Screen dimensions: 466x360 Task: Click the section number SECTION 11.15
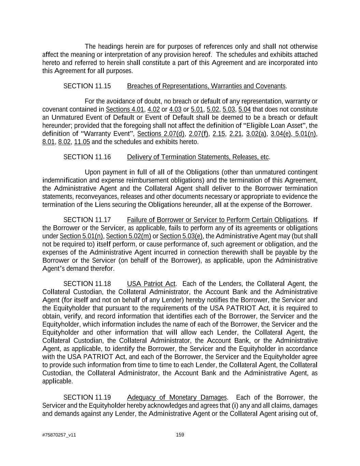point(87,86)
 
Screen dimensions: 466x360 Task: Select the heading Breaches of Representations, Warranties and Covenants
point(206,86)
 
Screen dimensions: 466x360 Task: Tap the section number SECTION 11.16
point(87,157)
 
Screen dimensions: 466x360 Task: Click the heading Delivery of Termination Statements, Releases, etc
point(198,157)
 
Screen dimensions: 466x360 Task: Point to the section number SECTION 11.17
point(87,220)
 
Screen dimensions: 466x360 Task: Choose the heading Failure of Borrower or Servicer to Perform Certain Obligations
point(217,220)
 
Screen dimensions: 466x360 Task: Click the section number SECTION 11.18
point(87,284)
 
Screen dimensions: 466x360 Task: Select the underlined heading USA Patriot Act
point(151,284)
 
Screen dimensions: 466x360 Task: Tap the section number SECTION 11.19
point(87,398)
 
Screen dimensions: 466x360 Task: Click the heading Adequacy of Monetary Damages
point(176,398)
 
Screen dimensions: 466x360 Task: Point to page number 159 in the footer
point(180,435)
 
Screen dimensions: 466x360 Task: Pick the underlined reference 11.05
point(82,142)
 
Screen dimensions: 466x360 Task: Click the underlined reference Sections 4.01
point(125,110)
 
